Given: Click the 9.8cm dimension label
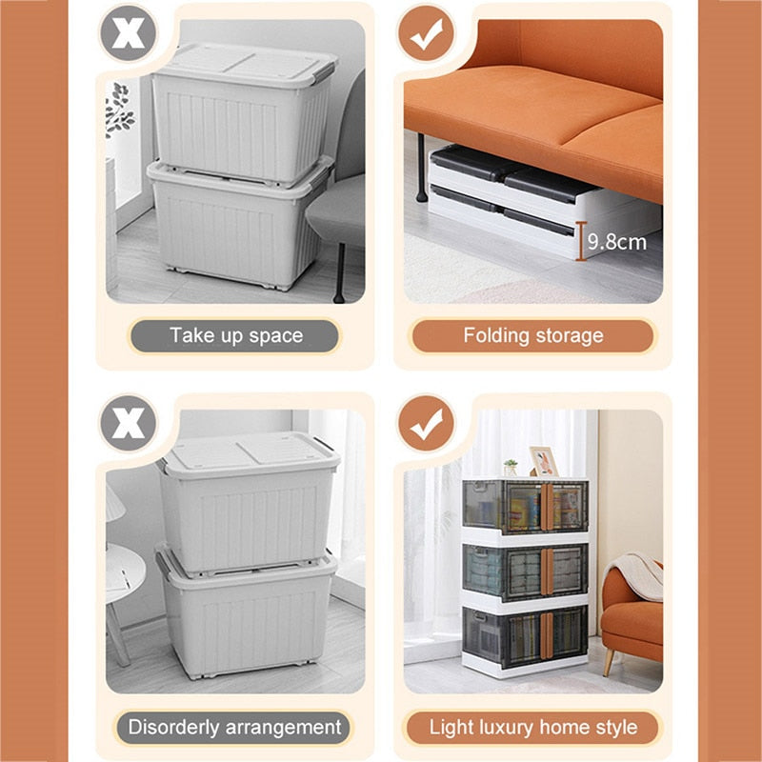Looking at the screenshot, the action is [616, 242].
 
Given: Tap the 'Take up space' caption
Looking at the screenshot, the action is [235, 335].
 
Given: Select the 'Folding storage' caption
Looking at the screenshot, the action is [533, 335].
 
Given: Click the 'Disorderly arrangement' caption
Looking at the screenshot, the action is [234, 728].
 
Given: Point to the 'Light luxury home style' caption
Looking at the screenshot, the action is [533, 728].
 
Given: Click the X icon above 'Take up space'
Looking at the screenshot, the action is [129, 32].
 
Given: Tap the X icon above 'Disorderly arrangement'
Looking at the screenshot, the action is [129, 423].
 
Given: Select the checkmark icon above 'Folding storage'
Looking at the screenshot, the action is [426, 32].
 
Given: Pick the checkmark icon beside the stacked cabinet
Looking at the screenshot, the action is [426, 423].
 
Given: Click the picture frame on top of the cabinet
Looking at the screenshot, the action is [543, 461].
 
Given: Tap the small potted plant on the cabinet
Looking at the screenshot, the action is [510, 468].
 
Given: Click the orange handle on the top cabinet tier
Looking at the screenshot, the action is [547, 507].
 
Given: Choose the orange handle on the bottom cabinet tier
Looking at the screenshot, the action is [547, 635].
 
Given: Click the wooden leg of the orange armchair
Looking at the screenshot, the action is [609, 661].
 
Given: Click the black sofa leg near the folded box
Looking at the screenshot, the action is [421, 168].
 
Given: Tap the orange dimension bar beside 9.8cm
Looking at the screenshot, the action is [581, 241].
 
